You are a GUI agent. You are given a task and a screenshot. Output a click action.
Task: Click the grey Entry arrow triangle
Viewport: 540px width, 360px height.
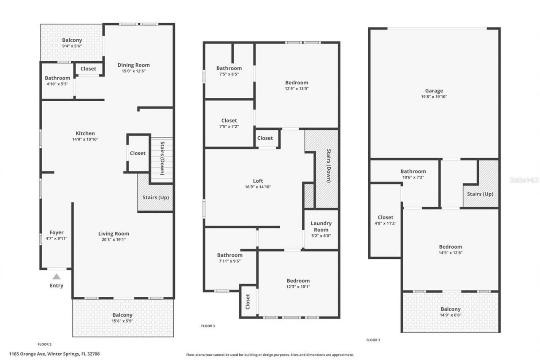click(57, 277)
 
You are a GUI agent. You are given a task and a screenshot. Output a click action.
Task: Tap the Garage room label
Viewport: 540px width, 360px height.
click(434, 91)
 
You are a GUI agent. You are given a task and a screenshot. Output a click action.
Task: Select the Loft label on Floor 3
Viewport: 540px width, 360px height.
click(258, 181)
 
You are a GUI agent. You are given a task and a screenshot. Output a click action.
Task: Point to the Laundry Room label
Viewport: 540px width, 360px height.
click(321, 227)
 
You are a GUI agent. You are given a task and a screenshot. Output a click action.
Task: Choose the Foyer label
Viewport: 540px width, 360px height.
click(57, 233)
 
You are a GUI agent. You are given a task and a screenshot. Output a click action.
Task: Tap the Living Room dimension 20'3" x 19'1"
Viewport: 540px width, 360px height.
click(114, 240)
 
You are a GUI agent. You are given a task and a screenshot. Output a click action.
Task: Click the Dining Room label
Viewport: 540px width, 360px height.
click(133, 65)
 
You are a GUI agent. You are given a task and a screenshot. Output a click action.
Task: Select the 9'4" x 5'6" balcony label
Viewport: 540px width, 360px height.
click(72, 43)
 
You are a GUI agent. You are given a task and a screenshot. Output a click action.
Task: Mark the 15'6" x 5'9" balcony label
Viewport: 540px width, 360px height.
click(122, 318)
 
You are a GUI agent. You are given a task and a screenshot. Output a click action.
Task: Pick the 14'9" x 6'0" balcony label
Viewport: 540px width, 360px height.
click(451, 312)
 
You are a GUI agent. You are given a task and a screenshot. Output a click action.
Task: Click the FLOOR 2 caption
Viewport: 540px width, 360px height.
click(45, 344)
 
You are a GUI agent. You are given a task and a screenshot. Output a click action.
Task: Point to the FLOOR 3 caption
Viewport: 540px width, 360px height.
click(208, 326)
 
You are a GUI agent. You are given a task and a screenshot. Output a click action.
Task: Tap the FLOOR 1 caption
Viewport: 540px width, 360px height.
click(373, 340)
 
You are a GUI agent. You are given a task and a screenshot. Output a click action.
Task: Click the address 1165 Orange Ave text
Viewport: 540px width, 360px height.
click(54, 354)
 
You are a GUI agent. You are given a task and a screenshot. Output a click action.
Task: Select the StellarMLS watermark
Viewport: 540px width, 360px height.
click(524, 180)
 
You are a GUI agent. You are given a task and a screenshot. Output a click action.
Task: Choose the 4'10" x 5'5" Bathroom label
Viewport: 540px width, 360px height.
click(57, 81)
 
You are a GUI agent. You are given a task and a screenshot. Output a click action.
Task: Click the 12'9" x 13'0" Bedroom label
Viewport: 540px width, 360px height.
click(297, 85)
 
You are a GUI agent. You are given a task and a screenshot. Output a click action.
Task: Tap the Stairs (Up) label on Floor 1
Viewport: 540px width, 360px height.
click(480, 194)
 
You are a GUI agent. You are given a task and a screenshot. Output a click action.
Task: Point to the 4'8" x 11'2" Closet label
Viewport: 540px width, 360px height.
click(385, 220)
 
